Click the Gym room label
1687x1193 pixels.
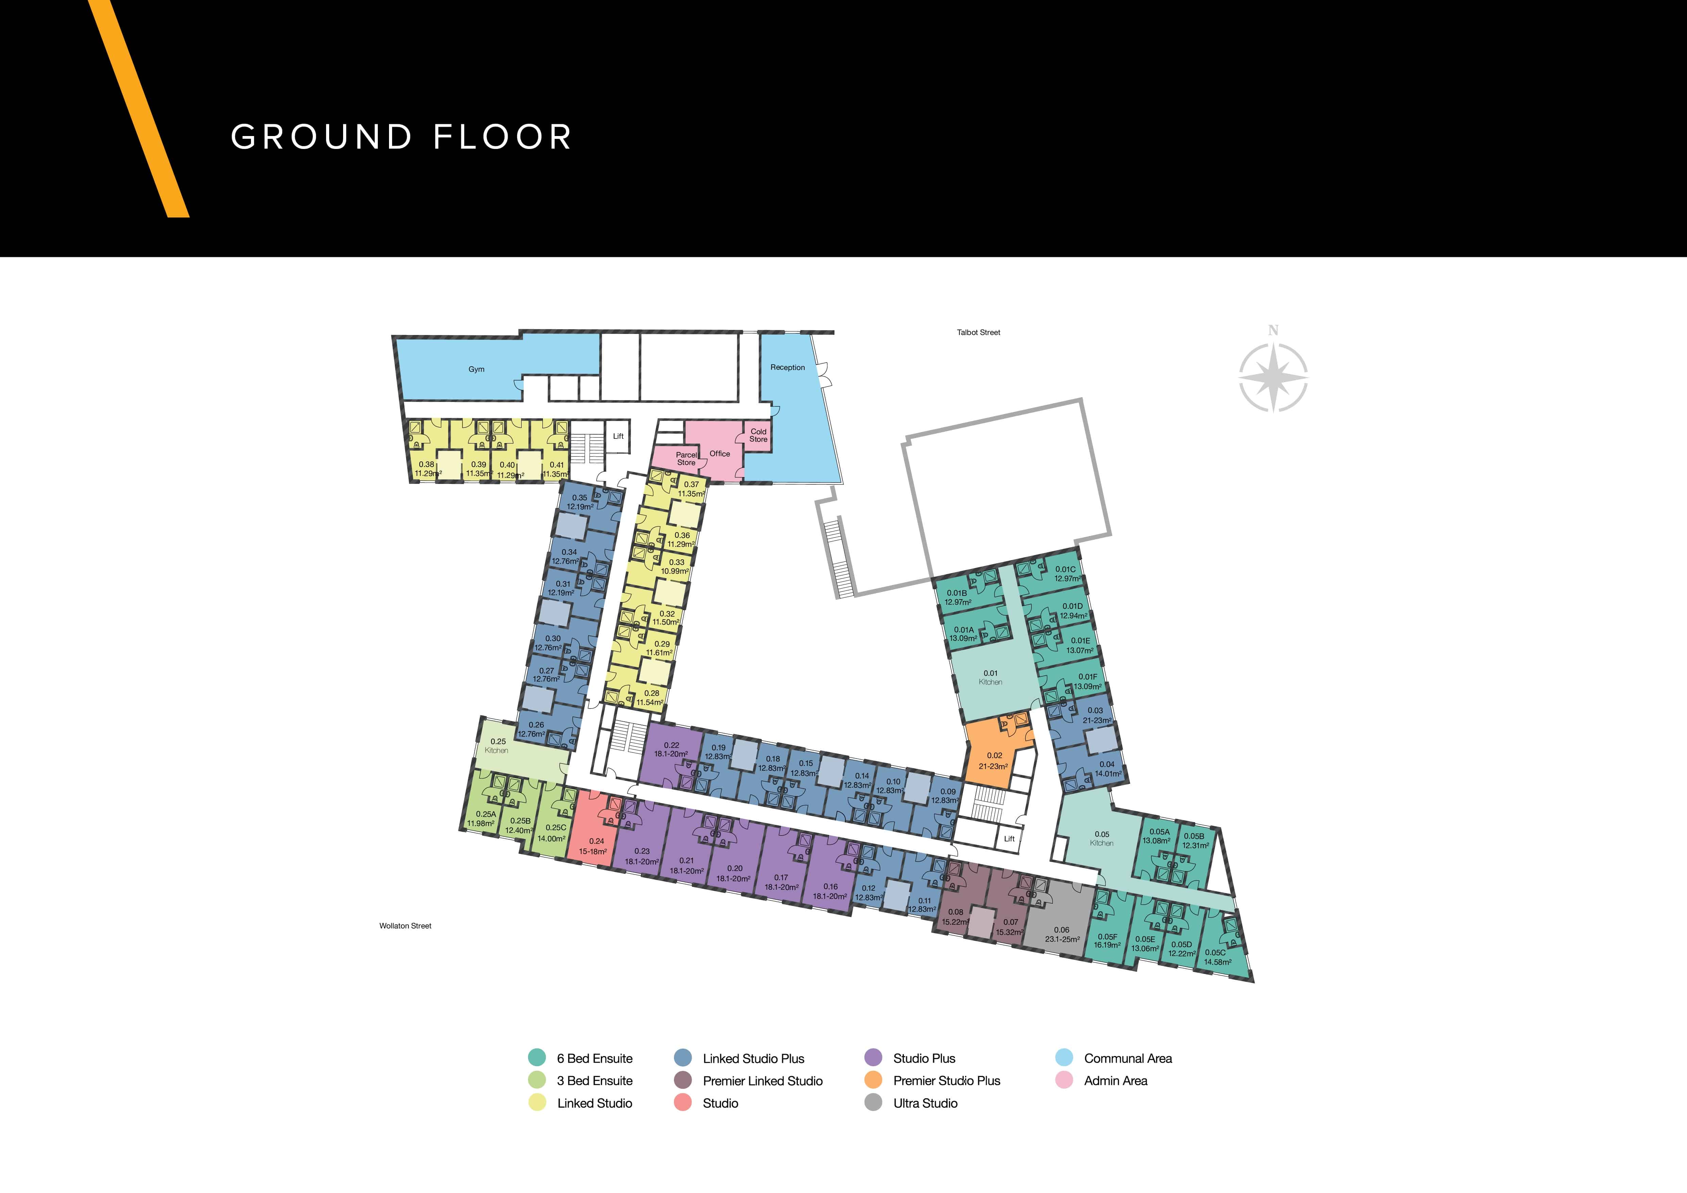click(x=476, y=370)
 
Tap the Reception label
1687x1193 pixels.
click(x=788, y=367)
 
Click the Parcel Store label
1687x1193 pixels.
click(x=686, y=458)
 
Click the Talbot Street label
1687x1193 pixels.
click(x=979, y=333)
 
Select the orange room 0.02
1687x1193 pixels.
click(x=996, y=757)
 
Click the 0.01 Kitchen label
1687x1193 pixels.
click(x=991, y=677)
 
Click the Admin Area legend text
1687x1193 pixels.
click(x=1115, y=1081)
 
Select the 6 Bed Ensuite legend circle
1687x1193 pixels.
click(x=537, y=1058)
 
